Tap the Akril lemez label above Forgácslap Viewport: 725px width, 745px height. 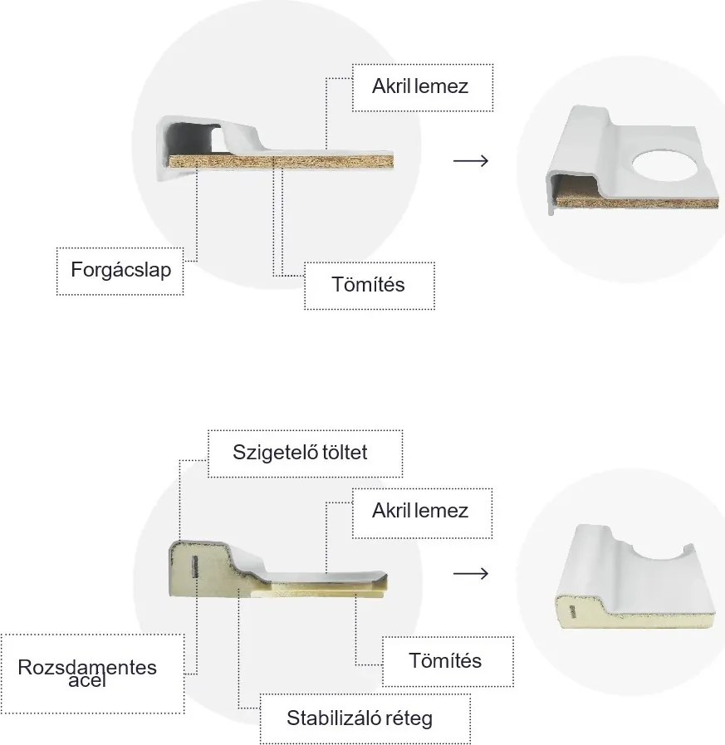click(x=422, y=86)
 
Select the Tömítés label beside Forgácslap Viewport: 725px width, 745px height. click(x=369, y=285)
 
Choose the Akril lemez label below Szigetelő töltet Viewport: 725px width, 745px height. click(x=422, y=512)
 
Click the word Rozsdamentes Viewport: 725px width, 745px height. click(x=87, y=668)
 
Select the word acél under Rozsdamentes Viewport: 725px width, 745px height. click(x=88, y=682)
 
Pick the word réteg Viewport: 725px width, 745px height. click(x=408, y=718)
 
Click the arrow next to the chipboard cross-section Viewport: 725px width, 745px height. click(x=471, y=159)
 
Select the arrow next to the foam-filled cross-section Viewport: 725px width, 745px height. click(x=471, y=574)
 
